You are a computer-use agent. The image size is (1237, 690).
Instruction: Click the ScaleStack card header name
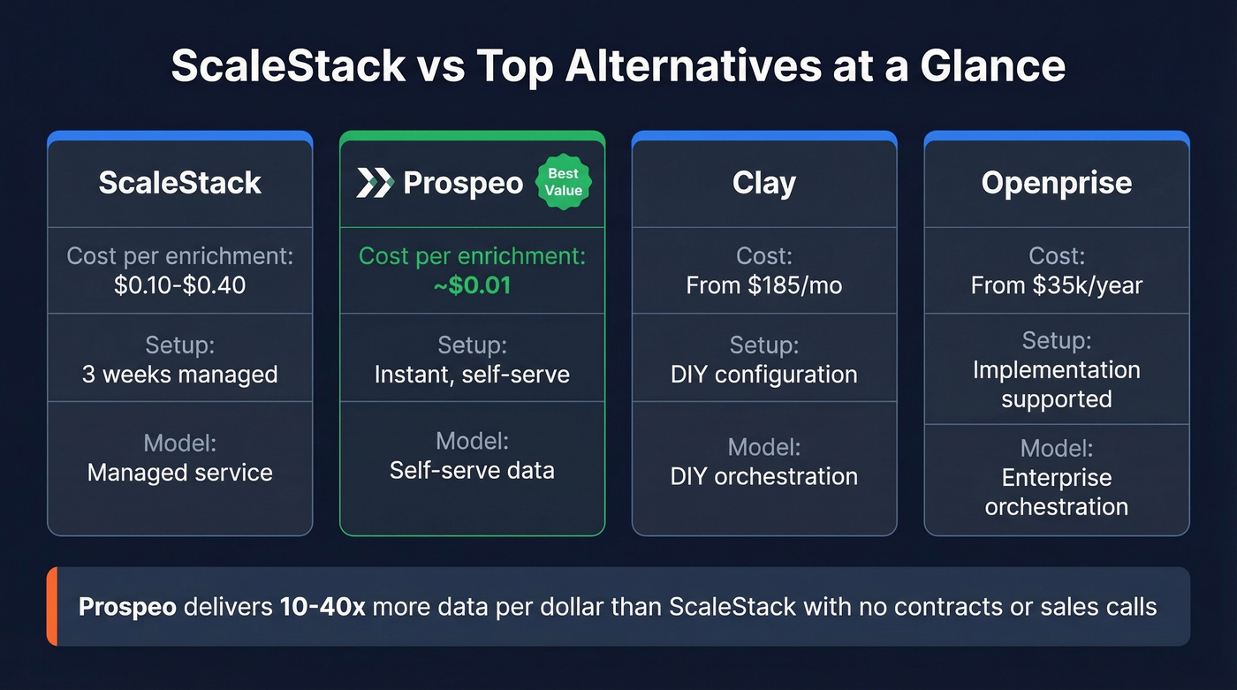pos(179,183)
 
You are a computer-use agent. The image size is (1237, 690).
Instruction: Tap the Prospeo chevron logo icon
pos(374,183)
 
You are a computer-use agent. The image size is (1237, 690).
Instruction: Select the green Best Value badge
pos(564,183)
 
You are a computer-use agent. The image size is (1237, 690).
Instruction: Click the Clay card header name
pos(764,183)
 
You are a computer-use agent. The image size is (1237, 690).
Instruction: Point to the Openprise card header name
pos(1056,183)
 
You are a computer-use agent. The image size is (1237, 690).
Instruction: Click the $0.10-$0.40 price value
pos(179,285)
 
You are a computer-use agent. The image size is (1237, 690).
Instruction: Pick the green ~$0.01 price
pos(472,286)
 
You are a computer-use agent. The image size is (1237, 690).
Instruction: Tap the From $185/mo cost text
pos(764,285)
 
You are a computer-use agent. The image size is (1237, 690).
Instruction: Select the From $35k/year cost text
pos(1056,285)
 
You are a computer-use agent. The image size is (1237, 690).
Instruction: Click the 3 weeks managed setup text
pos(179,374)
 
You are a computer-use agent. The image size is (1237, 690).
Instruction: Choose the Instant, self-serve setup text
pos(472,374)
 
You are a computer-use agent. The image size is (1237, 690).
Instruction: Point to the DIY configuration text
pos(764,374)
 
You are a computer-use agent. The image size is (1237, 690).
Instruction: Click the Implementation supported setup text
pos(1056,384)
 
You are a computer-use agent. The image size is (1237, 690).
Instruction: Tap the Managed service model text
pos(179,472)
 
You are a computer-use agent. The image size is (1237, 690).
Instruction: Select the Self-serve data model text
pos(472,469)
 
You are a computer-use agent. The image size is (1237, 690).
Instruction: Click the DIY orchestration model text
pos(764,476)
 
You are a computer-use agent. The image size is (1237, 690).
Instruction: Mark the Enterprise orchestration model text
pos(1056,492)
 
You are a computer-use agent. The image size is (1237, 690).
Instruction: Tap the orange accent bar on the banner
pos(51,606)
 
